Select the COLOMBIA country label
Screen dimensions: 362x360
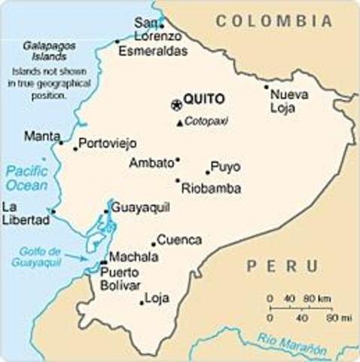click(x=274, y=21)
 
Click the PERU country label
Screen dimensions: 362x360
click(x=282, y=265)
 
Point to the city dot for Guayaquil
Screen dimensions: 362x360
click(x=106, y=212)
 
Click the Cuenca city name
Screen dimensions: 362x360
click(x=179, y=240)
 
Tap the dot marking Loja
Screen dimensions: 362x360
click(x=142, y=303)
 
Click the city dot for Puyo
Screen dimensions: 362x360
click(x=208, y=172)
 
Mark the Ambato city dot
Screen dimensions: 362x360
click(x=178, y=160)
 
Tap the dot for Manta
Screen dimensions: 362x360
click(x=62, y=142)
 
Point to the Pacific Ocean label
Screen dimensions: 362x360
click(x=27, y=178)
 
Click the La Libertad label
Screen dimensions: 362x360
click(x=20, y=213)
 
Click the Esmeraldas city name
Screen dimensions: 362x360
click(x=153, y=51)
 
